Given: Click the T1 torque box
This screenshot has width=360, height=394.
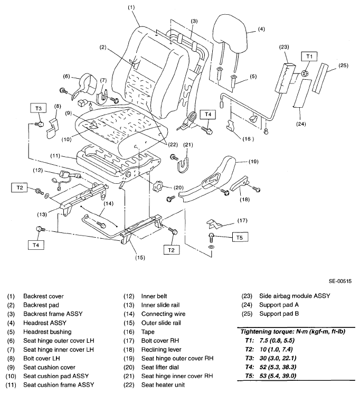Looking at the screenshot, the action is (309, 57).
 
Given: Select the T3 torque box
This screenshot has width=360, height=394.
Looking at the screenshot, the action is (39, 109).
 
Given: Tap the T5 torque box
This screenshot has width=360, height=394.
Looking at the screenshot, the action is (240, 238).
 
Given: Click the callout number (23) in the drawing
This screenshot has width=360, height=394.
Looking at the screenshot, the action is (284, 47).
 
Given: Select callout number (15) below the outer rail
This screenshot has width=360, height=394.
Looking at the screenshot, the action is (140, 257).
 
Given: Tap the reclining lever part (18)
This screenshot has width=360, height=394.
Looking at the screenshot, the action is (240, 184).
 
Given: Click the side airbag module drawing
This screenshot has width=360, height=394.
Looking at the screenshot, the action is (286, 78).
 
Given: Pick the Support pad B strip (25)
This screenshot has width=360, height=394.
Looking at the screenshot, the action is (320, 78).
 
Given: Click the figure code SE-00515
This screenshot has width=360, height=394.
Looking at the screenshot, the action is (340, 281).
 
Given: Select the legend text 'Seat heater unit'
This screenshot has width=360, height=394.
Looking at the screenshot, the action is (163, 384).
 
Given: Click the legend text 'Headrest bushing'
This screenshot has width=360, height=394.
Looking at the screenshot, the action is (48, 332).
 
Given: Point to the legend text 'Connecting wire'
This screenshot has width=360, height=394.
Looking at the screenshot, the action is (163, 314).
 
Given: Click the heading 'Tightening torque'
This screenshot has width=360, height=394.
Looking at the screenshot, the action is (267, 332).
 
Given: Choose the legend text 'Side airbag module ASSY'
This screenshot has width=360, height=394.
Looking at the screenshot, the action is (295, 296).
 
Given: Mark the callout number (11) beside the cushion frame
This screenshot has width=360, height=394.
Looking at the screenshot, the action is (55, 156).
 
